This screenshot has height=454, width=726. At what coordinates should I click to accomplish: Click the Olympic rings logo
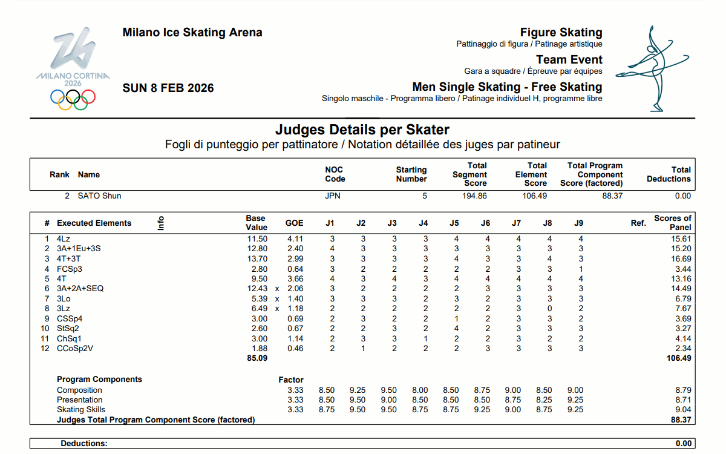pyautogui.click(x=73, y=99)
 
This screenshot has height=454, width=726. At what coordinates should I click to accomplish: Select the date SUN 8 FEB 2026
pyautogui.click(x=168, y=88)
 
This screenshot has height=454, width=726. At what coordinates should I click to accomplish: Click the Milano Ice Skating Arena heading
pyautogui.click(x=192, y=33)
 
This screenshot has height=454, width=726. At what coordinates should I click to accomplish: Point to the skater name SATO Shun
pyautogui.click(x=99, y=196)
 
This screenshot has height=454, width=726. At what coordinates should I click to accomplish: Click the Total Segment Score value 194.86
pyautogui.click(x=475, y=196)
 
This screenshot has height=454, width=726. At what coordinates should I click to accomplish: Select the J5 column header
pyautogui.click(x=454, y=223)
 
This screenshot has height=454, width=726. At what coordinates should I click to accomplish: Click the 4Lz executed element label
pyautogui.click(x=64, y=239)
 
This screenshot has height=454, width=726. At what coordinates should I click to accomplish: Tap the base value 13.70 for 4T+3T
pyautogui.click(x=257, y=258)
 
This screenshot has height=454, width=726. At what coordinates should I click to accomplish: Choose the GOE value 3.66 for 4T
pyautogui.click(x=295, y=278)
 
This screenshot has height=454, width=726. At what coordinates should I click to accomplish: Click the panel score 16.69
pyautogui.click(x=681, y=258)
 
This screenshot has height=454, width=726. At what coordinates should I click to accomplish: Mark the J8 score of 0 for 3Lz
pyautogui.click(x=548, y=308)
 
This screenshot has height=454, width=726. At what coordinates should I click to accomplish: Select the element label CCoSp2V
pyautogui.click(x=75, y=348)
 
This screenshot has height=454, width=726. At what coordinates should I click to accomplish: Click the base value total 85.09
pyautogui.click(x=257, y=358)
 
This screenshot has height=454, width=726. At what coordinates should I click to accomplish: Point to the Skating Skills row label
pyautogui.click(x=81, y=409)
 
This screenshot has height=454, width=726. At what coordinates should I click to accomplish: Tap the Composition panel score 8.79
pyautogui.click(x=683, y=390)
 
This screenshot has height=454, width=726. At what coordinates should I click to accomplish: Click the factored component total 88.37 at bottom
pyautogui.click(x=681, y=419)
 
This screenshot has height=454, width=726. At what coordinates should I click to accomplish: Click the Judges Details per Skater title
pyautogui.click(x=362, y=130)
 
